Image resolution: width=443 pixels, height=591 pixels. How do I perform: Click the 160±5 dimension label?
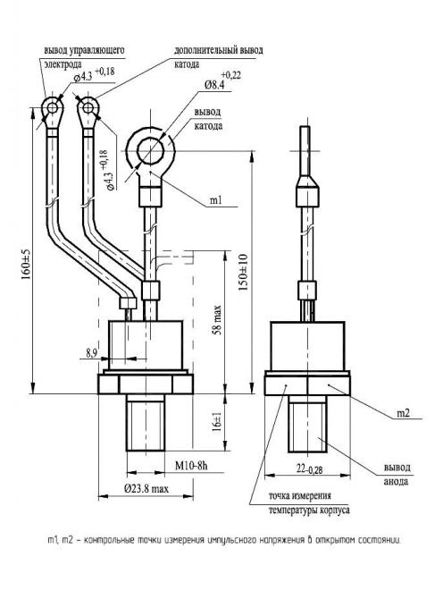coord(26,264)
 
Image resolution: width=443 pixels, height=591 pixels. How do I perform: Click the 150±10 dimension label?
coord(244,272)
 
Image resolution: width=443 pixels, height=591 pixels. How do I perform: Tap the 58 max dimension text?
coord(218,320)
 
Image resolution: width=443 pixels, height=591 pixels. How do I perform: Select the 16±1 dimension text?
coord(218,422)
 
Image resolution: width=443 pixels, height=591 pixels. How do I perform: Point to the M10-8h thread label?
coord(191,466)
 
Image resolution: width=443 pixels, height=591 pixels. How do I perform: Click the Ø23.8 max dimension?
coord(146,489)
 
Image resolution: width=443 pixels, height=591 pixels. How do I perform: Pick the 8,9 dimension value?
coord(91,353)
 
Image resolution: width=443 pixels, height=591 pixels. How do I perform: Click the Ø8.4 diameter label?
coord(214,85)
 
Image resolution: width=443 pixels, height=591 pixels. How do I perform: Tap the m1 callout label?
coord(215,200)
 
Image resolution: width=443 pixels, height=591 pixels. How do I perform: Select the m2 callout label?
coord(403,413)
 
